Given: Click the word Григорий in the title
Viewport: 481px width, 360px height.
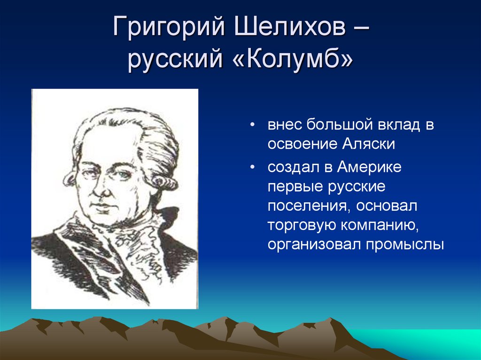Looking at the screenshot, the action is [x=169, y=26].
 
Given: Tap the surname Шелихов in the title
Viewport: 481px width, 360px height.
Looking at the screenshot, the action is [x=290, y=26].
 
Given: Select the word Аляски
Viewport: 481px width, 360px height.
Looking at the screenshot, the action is [x=368, y=144].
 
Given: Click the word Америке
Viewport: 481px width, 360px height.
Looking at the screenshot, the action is [x=369, y=167].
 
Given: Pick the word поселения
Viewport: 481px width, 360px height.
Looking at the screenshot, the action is [x=309, y=207].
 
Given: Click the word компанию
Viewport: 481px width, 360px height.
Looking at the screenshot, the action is [x=380, y=226].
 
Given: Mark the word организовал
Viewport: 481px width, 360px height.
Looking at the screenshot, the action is [x=314, y=245].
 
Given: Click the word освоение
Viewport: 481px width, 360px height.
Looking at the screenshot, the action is [x=302, y=145].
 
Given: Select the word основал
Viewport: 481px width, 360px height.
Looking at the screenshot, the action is [x=387, y=207].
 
